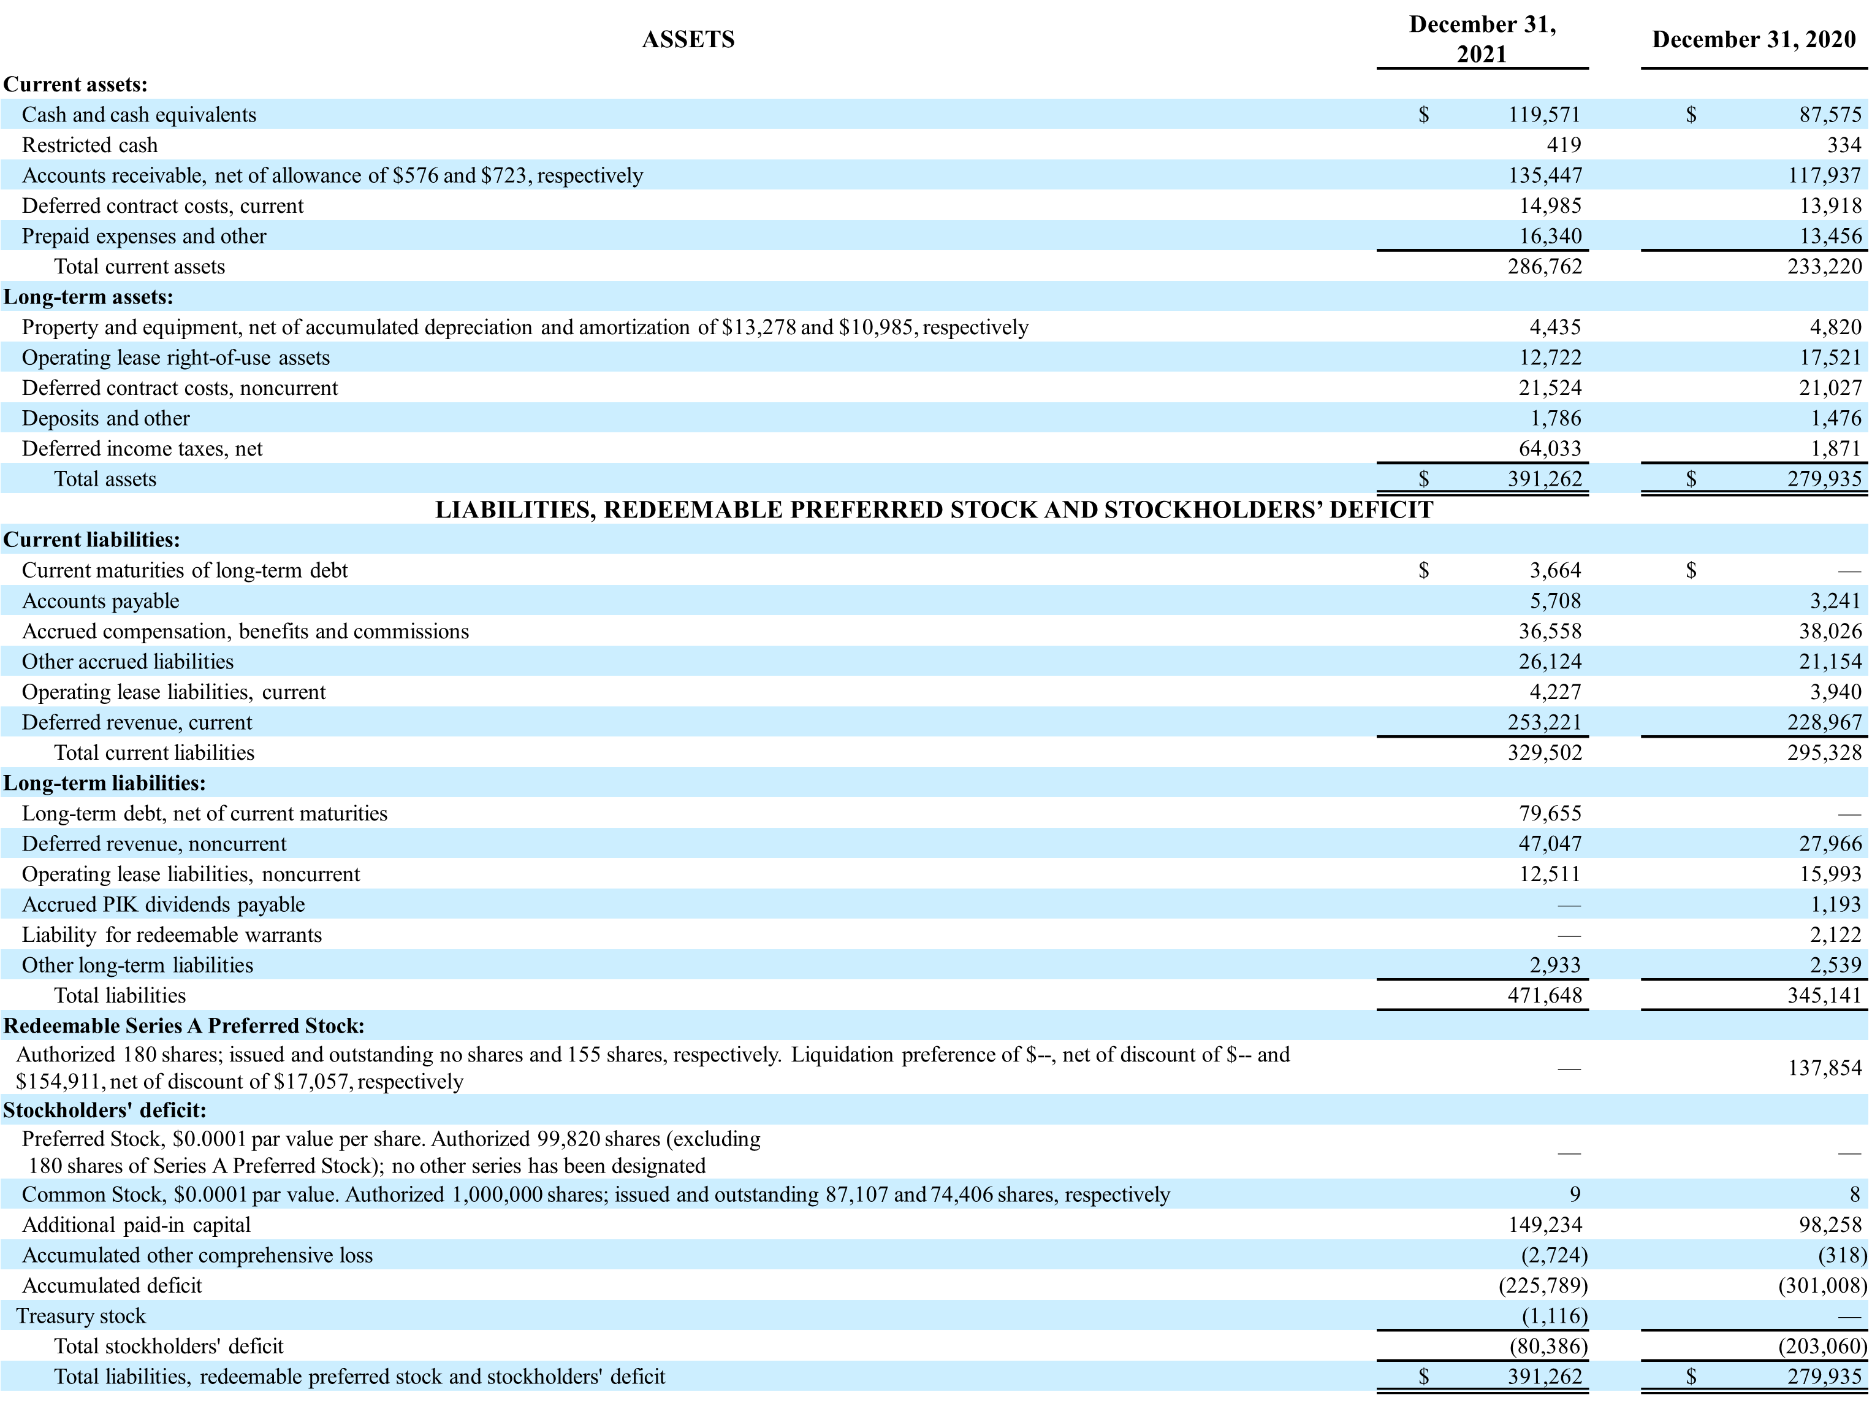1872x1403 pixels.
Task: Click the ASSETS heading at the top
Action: [x=687, y=40]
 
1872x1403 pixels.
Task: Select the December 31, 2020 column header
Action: [x=1754, y=40]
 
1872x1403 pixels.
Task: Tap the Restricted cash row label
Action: [x=89, y=145]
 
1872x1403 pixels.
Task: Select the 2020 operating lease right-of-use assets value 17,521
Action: [x=1830, y=357]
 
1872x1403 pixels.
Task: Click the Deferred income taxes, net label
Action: [x=142, y=449]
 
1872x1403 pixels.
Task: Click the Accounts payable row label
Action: [x=101, y=601]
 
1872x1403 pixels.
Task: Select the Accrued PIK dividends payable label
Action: [x=163, y=904]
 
